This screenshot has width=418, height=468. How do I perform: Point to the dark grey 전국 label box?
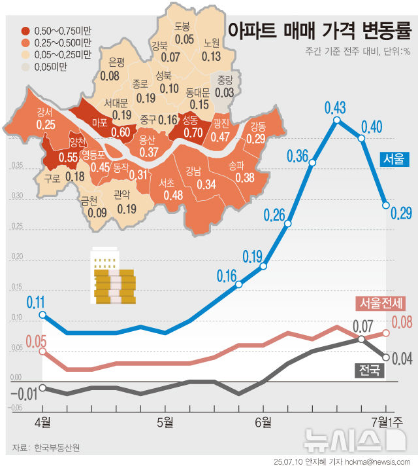[x=369, y=370]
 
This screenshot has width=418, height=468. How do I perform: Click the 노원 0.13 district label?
[x=211, y=50]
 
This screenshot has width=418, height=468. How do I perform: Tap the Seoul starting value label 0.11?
[x=36, y=302]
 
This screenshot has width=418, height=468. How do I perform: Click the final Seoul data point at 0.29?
[x=386, y=205]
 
